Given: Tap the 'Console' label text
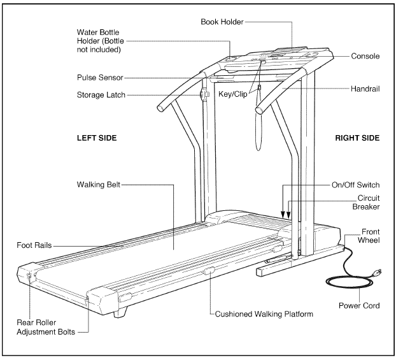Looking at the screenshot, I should [365, 56].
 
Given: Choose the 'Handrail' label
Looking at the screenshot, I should [364, 89].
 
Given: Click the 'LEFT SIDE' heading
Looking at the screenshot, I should [95, 138].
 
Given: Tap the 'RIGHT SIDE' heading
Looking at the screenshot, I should [357, 138].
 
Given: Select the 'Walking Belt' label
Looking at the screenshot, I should [95, 185].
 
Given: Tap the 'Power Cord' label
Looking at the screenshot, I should [360, 305].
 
